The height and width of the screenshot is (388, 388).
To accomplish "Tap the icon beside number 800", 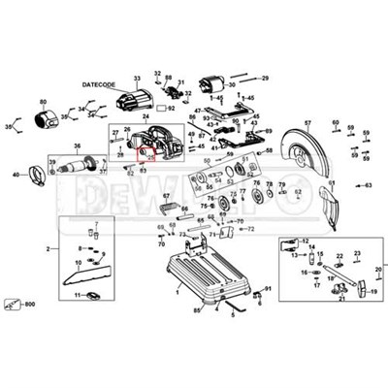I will point(12,305).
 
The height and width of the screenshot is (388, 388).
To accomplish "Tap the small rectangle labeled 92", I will point(159,109).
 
